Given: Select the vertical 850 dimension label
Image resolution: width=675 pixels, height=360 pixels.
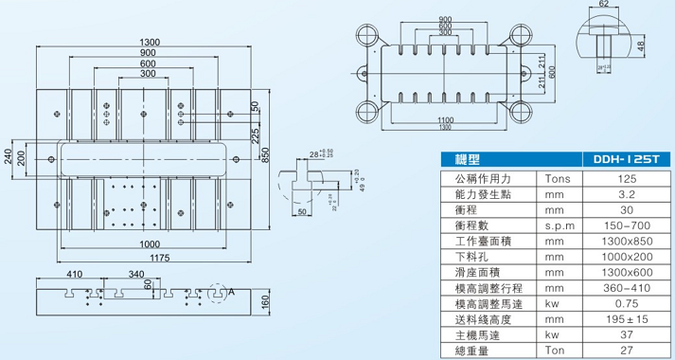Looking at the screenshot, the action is pos(268,153).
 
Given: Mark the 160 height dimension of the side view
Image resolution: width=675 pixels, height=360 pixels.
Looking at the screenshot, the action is pos(267,303).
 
